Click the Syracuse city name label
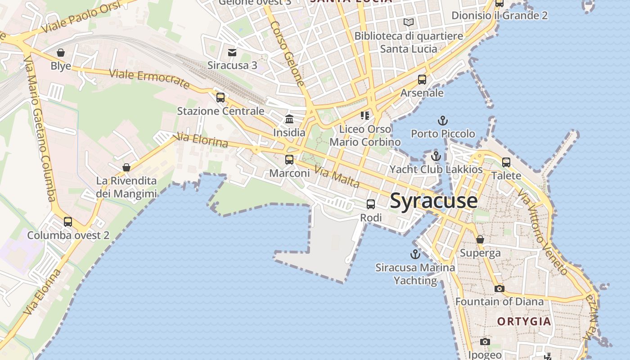coord(433,201)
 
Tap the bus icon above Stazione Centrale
coord(220,97)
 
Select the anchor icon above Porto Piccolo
coord(443,121)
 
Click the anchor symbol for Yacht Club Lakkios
coord(436,156)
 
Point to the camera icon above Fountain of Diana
coord(499,288)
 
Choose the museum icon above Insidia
coord(289,119)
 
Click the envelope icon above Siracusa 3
coord(232,53)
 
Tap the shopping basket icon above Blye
coord(61,53)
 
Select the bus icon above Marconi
coord(289,159)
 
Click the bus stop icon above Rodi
coord(371,204)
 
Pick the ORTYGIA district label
coord(524,321)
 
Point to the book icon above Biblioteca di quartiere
coord(409,22)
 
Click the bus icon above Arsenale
coord(422,80)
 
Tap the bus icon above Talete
coord(506,162)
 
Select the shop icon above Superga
coord(480,239)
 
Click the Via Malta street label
coord(337,177)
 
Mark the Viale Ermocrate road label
coord(149,79)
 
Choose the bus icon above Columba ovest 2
coord(68,221)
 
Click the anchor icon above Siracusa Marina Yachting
coord(415,254)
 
